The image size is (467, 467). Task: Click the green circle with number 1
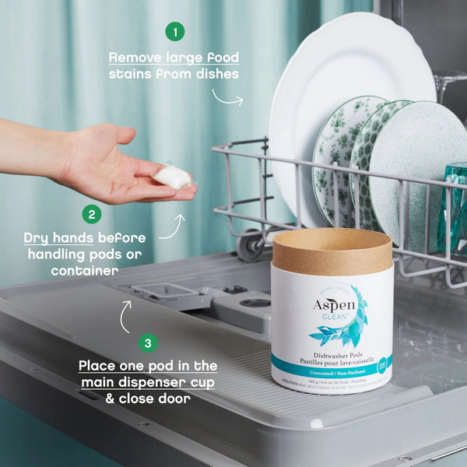(x=176, y=31)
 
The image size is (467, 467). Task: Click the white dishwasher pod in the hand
(x=172, y=176)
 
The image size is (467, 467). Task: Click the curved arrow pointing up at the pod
(x=174, y=227)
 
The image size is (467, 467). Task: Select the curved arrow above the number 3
(x=126, y=314)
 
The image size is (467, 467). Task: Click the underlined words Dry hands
(x=57, y=237)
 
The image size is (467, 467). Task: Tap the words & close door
(x=148, y=398)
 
